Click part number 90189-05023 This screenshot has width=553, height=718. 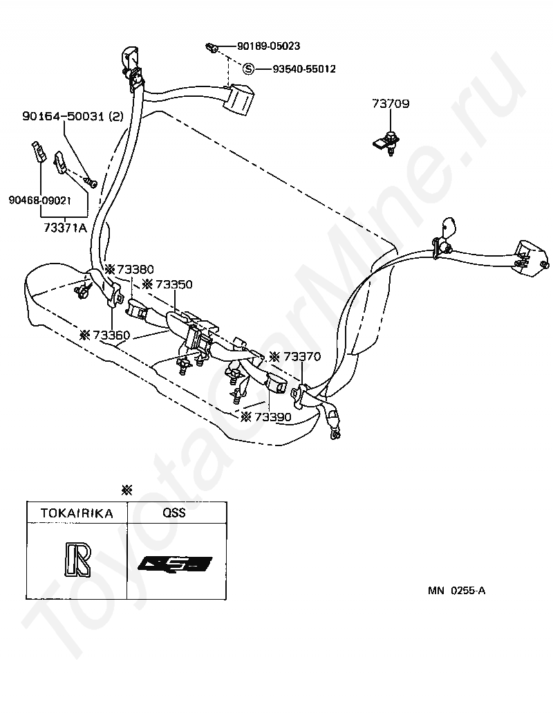268,47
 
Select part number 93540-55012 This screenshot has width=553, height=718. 303,69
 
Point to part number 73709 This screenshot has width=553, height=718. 391,105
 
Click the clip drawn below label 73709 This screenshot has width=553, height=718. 387,142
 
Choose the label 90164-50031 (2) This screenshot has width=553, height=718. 73,118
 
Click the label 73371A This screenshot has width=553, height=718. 64,227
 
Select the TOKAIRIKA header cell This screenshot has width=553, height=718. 76,513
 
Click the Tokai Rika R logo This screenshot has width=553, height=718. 75,560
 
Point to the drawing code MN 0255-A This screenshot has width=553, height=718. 456,590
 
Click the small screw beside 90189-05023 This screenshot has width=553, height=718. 212,48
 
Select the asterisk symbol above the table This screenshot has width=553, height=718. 126,490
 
